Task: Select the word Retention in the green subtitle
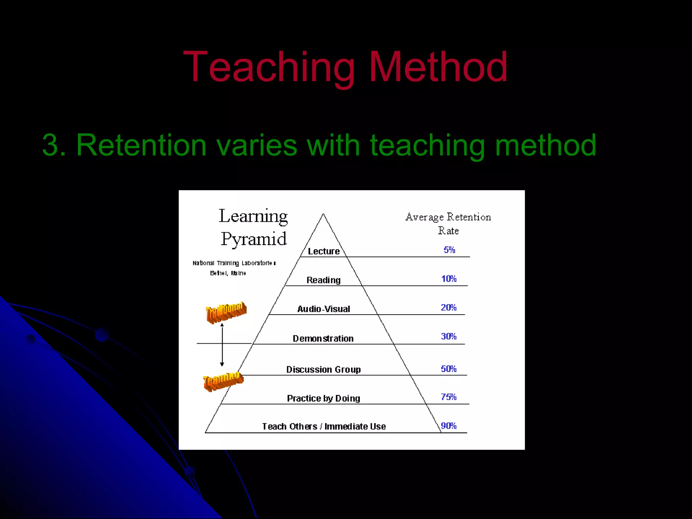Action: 141,145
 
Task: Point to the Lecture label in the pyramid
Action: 323,251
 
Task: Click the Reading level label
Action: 323,280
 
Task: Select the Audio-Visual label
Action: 323,309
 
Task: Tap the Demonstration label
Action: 323,338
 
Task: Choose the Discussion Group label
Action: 323,369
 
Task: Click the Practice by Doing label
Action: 323,398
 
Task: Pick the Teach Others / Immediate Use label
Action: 324,426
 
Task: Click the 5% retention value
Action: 449,250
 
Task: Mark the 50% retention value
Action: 448,369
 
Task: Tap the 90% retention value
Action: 449,426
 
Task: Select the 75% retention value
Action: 448,397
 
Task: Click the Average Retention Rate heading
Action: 448,223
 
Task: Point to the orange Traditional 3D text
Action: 226,312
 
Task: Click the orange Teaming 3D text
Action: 223,381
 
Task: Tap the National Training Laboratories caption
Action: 234,263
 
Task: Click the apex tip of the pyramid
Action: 323,214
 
